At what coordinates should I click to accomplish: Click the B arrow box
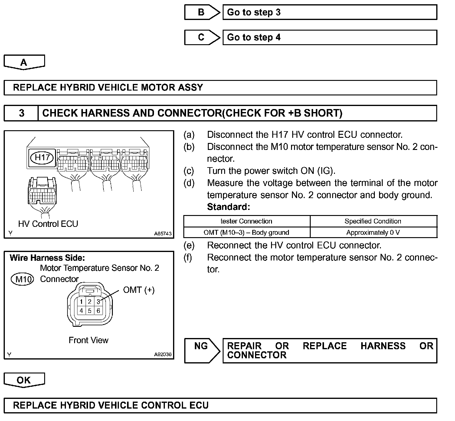click(201, 12)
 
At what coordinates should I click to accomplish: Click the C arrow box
click(201, 38)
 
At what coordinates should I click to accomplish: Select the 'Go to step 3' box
click(330, 12)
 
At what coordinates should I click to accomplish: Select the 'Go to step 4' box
click(330, 38)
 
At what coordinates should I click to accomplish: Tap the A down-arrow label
click(24, 62)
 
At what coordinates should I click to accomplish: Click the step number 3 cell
click(21, 113)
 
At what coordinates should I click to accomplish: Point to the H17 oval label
click(42, 157)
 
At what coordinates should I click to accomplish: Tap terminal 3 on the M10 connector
click(98, 302)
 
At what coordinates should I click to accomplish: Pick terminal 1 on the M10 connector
click(81, 302)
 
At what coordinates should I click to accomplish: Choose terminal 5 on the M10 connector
click(90, 310)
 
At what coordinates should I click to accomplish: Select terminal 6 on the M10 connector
click(98, 310)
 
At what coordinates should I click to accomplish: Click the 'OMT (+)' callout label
click(139, 290)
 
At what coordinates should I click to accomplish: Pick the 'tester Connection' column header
click(246, 221)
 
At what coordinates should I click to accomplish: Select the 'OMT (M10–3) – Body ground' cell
click(246, 233)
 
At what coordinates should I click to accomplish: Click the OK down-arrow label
click(24, 380)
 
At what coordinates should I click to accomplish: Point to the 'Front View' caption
click(88, 340)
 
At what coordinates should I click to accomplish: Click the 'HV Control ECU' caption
click(48, 224)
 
